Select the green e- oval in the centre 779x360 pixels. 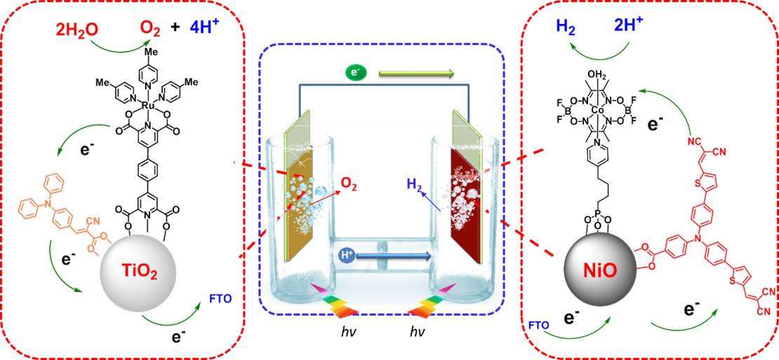[x=354, y=71]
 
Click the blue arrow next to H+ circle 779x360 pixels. [x=393, y=257]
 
